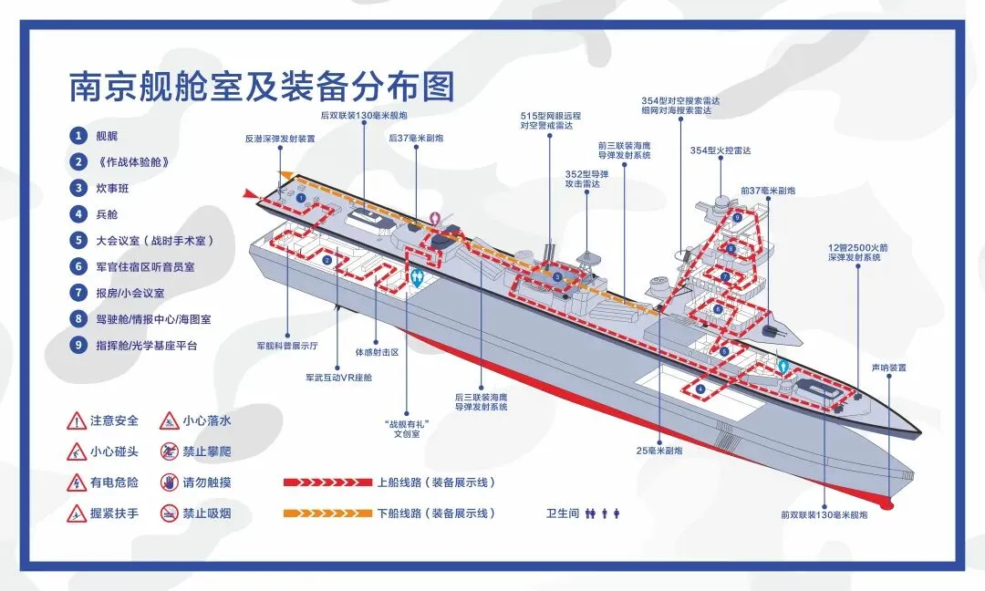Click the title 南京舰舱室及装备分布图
pyautogui.click(x=262, y=87)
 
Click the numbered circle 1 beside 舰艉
pyautogui.click(x=79, y=135)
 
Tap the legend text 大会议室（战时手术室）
pyautogui.click(x=154, y=241)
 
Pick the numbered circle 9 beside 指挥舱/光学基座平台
pyautogui.click(x=79, y=346)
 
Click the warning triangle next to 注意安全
pyautogui.click(x=77, y=421)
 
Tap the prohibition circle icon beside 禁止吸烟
pyautogui.click(x=169, y=513)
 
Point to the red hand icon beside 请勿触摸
pyautogui.click(x=169, y=482)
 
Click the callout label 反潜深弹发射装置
pyautogui.click(x=280, y=140)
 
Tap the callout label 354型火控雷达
pyautogui.click(x=721, y=150)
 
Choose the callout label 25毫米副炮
pyautogui.click(x=659, y=450)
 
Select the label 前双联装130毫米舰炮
pyautogui.click(x=824, y=515)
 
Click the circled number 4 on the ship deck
pyautogui.click(x=700, y=389)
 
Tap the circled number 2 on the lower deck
pyautogui.click(x=326, y=260)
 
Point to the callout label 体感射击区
pyautogui.click(x=377, y=351)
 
